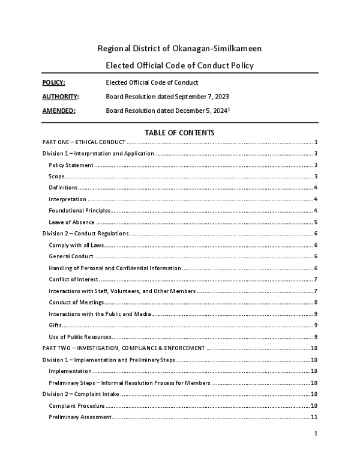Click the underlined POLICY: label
(x=54, y=82)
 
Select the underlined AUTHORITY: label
(x=61, y=96)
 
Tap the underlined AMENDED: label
(x=59, y=110)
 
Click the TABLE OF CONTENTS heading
(x=180, y=133)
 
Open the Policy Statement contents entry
(x=71, y=165)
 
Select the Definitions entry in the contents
(x=63, y=188)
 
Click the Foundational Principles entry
(x=80, y=211)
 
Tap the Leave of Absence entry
(x=71, y=222)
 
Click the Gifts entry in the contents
(x=55, y=325)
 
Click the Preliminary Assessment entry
(x=80, y=417)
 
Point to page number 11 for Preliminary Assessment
(x=314, y=417)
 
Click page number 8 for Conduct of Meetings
(x=316, y=302)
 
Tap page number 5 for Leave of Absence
(x=316, y=222)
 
